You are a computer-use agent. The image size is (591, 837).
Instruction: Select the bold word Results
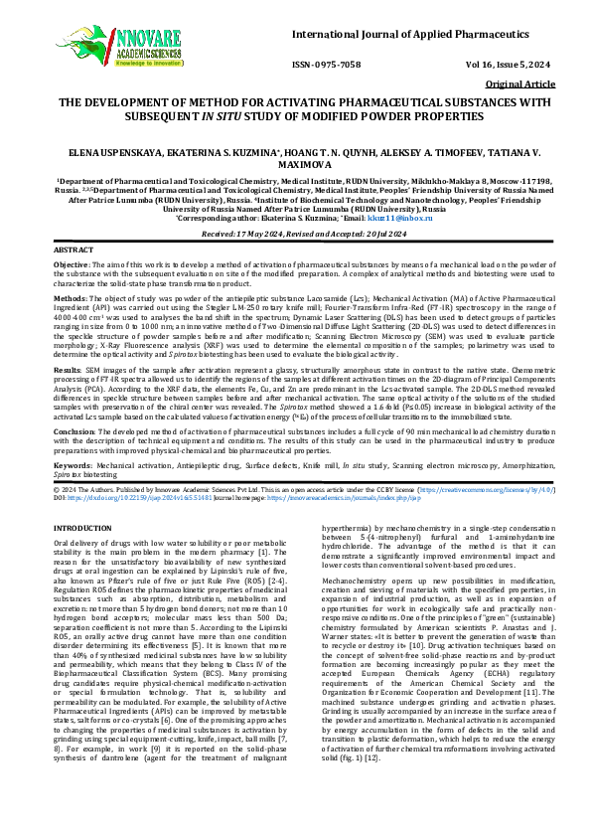(x=69, y=368)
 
